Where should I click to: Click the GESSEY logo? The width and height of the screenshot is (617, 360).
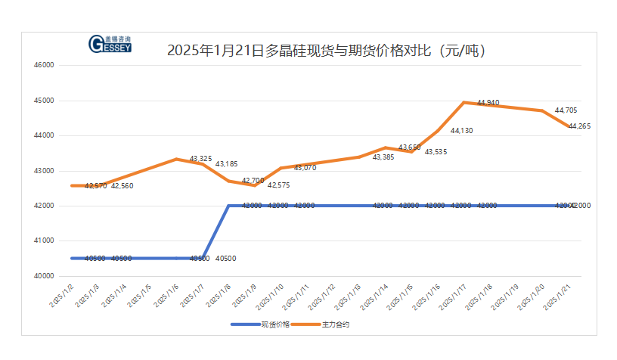click(x=110, y=45)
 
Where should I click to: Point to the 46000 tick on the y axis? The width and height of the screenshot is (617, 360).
click(x=45, y=65)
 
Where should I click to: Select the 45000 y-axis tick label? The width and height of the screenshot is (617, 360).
click(x=45, y=101)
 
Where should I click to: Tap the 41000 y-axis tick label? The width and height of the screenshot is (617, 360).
click(x=45, y=241)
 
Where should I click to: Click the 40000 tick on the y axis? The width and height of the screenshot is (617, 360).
click(x=45, y=276)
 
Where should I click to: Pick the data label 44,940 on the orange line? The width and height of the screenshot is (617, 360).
click(x=488, y=102)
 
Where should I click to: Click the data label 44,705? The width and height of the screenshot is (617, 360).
click(x=566, y=110)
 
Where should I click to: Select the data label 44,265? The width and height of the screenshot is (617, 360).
click(x=579, y=126)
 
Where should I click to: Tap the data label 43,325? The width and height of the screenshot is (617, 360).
click(x=200, y=159)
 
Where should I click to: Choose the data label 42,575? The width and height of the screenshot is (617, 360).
click(x=278, y=185)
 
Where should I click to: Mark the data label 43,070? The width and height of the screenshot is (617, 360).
click(x=305, y=168)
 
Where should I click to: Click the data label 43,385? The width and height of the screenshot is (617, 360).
click(x=383, y=157)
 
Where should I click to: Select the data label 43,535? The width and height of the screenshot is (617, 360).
click(x=436, y=152)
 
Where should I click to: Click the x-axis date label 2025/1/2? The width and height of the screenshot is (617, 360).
click(x=63, y=293)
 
